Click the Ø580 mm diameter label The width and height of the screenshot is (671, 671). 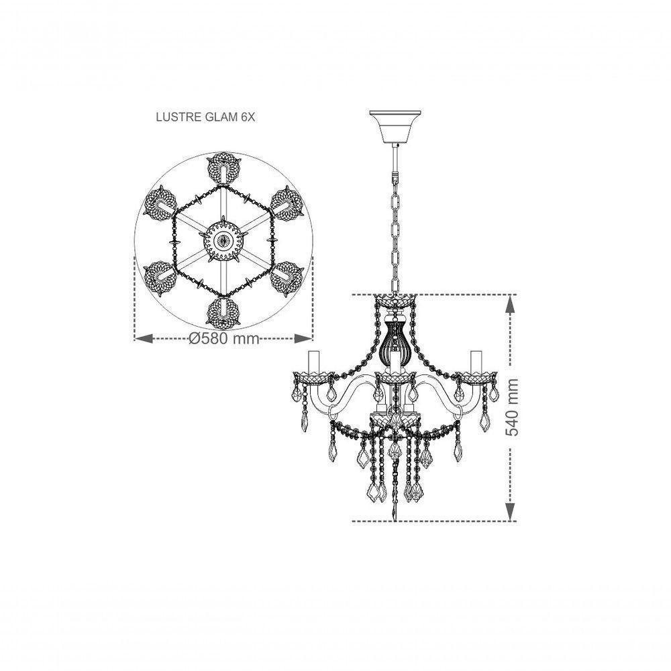click(224, 339)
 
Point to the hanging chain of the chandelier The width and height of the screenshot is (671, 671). click(395, 221)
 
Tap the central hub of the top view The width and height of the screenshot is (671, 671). click(223, 238)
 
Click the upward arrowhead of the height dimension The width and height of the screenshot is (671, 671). click(511, 305)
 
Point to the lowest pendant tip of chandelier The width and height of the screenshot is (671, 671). click(395, 517)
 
